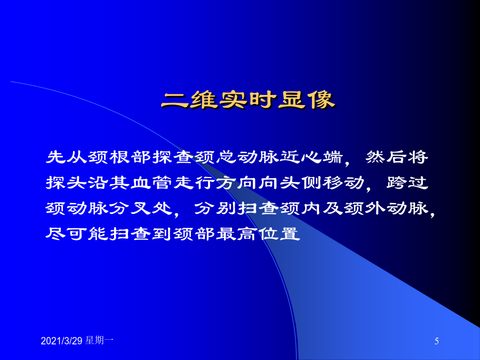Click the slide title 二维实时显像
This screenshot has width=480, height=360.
[248, 100]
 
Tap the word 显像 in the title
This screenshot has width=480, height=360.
[307, 100]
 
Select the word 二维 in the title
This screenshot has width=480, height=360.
[189, 100]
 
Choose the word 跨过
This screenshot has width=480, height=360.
[407, 183]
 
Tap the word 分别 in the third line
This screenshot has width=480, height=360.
[215, 209]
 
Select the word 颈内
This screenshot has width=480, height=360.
[301, 209]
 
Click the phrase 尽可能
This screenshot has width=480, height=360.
[77, 234]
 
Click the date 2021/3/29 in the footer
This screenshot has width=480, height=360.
[61, 341]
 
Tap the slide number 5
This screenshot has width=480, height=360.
[436, 341]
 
